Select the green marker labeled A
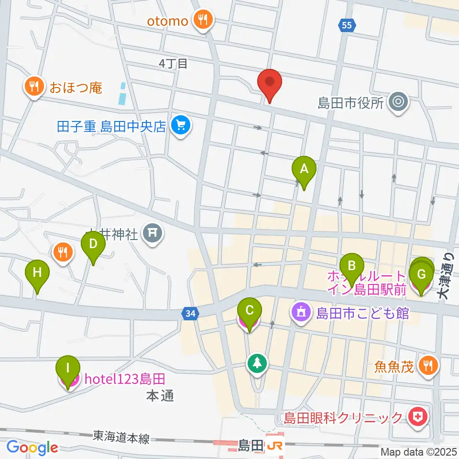(x=304, y=169)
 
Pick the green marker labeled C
(x=249, y=311)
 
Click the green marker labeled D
(x=93, y=244)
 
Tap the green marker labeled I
(x=67, y=370)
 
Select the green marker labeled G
(x=421, y=275)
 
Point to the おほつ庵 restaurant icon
(x=33, y=87)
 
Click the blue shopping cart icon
(x=181, y=126)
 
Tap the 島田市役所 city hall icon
(x=398, y=102)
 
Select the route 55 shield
(x=349, y=26)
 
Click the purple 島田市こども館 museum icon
(x=301, y=313)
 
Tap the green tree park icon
(x=257, y=363)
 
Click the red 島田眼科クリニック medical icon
(x=418, y=417)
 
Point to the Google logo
(x=33, y=447)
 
